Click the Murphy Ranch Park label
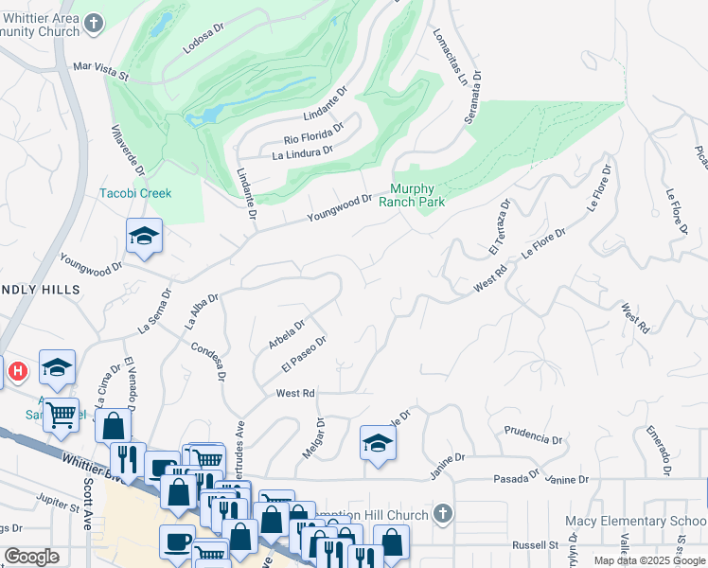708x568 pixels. (412, 194)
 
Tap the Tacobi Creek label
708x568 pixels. (136, 193)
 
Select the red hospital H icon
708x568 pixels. (17, 372)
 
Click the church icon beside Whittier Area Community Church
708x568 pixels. (94, 23)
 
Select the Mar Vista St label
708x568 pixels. (100, 68)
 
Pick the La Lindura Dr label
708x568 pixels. (302, 151)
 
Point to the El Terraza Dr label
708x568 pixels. (499, 227)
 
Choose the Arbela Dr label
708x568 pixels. (286, 333)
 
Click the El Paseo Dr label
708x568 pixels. (304, 353)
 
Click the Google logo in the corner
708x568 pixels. (31, 557)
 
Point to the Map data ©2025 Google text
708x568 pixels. (649, 560)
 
